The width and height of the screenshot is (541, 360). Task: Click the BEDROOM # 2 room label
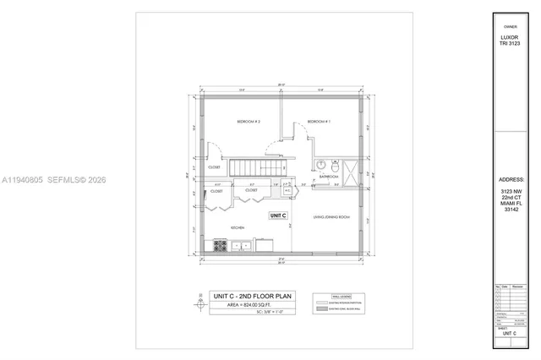(x=248, y=122)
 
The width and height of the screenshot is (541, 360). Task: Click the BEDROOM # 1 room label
(x=319, y=122)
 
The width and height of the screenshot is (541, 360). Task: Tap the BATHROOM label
(x=329, y=176)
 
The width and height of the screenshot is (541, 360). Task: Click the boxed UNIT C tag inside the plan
(x=278, y=215)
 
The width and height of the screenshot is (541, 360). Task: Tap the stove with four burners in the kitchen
(x=220, y=246)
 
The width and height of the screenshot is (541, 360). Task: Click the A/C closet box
(x=287, y=190)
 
